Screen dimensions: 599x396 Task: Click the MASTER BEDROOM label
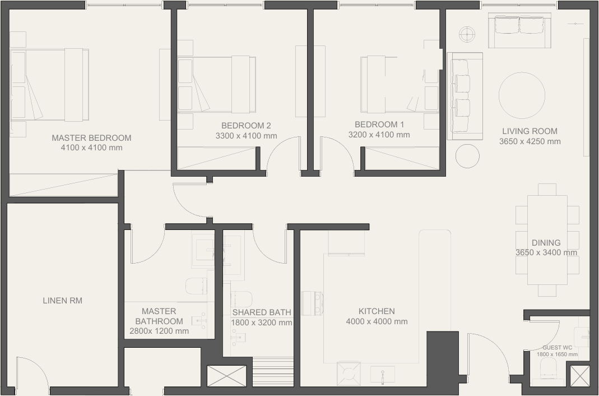pyautogui.click(x=91, y=137)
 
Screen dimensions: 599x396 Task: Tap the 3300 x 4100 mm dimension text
pyautogui.click(x=246, y=136)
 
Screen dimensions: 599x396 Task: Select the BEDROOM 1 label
pyautogui.click(x=379, y=124)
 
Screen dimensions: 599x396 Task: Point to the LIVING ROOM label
pyautogui.click(x=530, y=131)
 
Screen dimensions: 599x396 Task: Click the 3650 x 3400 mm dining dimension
pyautogui.click(x=546, y=252)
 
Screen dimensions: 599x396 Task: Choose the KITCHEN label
pyautogui.click(x=377, y=311)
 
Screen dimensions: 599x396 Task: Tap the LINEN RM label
pyautogui.click(x=62, y=301)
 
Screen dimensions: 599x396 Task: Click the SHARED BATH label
pyautogui.click(x=262, y=312)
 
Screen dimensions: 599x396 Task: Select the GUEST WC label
pyautogui.click(x=558, y=347)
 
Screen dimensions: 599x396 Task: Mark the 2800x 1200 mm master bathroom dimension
pyautogui.click(x=159, y=331)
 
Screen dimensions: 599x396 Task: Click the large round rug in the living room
pyautogui.click(x=522, y=95)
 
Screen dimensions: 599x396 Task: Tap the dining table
pyautogui.click(x=547, y=240)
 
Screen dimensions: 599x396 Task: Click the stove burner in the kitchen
pyautogui.click(x=349, y=374)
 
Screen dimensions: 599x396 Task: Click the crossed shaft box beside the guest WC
pyautogui.click(x=580, y=375)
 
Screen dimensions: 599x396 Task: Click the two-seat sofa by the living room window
pyautogui.click(x=519, y=31)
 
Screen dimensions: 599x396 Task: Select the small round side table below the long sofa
pyautogui.click(x=467, y=156)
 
